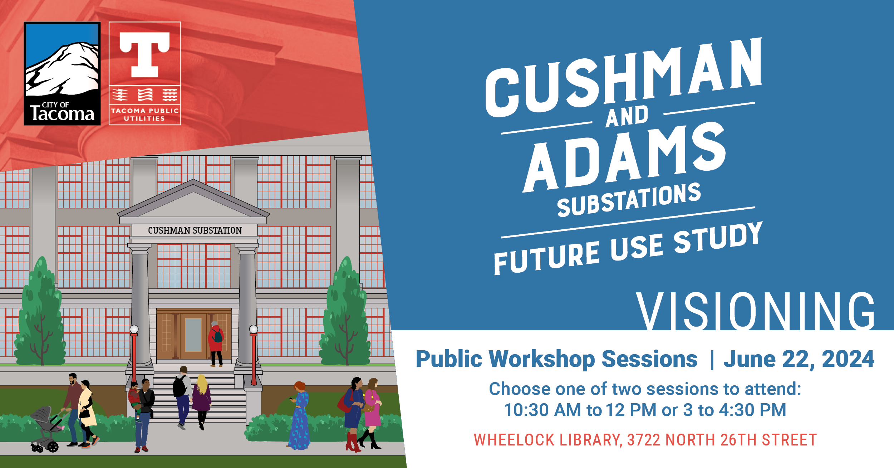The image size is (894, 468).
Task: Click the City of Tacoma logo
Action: tap(62, 74)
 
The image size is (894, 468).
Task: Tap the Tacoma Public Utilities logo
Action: tap(145, 73)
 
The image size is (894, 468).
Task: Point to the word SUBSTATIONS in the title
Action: tap(629, 199)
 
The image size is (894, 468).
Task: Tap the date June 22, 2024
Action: tap(799, 359)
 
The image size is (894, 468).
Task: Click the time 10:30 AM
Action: tap(542, 410)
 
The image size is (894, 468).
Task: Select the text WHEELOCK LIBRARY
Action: tap(548, 440)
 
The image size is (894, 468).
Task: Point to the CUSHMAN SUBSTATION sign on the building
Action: tap(195, 230)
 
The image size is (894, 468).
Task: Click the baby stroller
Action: tap(46, 429)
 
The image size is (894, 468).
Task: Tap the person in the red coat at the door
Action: tap(216, 344)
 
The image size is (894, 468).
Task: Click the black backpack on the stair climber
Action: tap(179, 387)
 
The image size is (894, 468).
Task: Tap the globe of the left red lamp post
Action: tap(134, 329)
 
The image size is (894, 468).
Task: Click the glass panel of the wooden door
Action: tap(193, 335)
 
